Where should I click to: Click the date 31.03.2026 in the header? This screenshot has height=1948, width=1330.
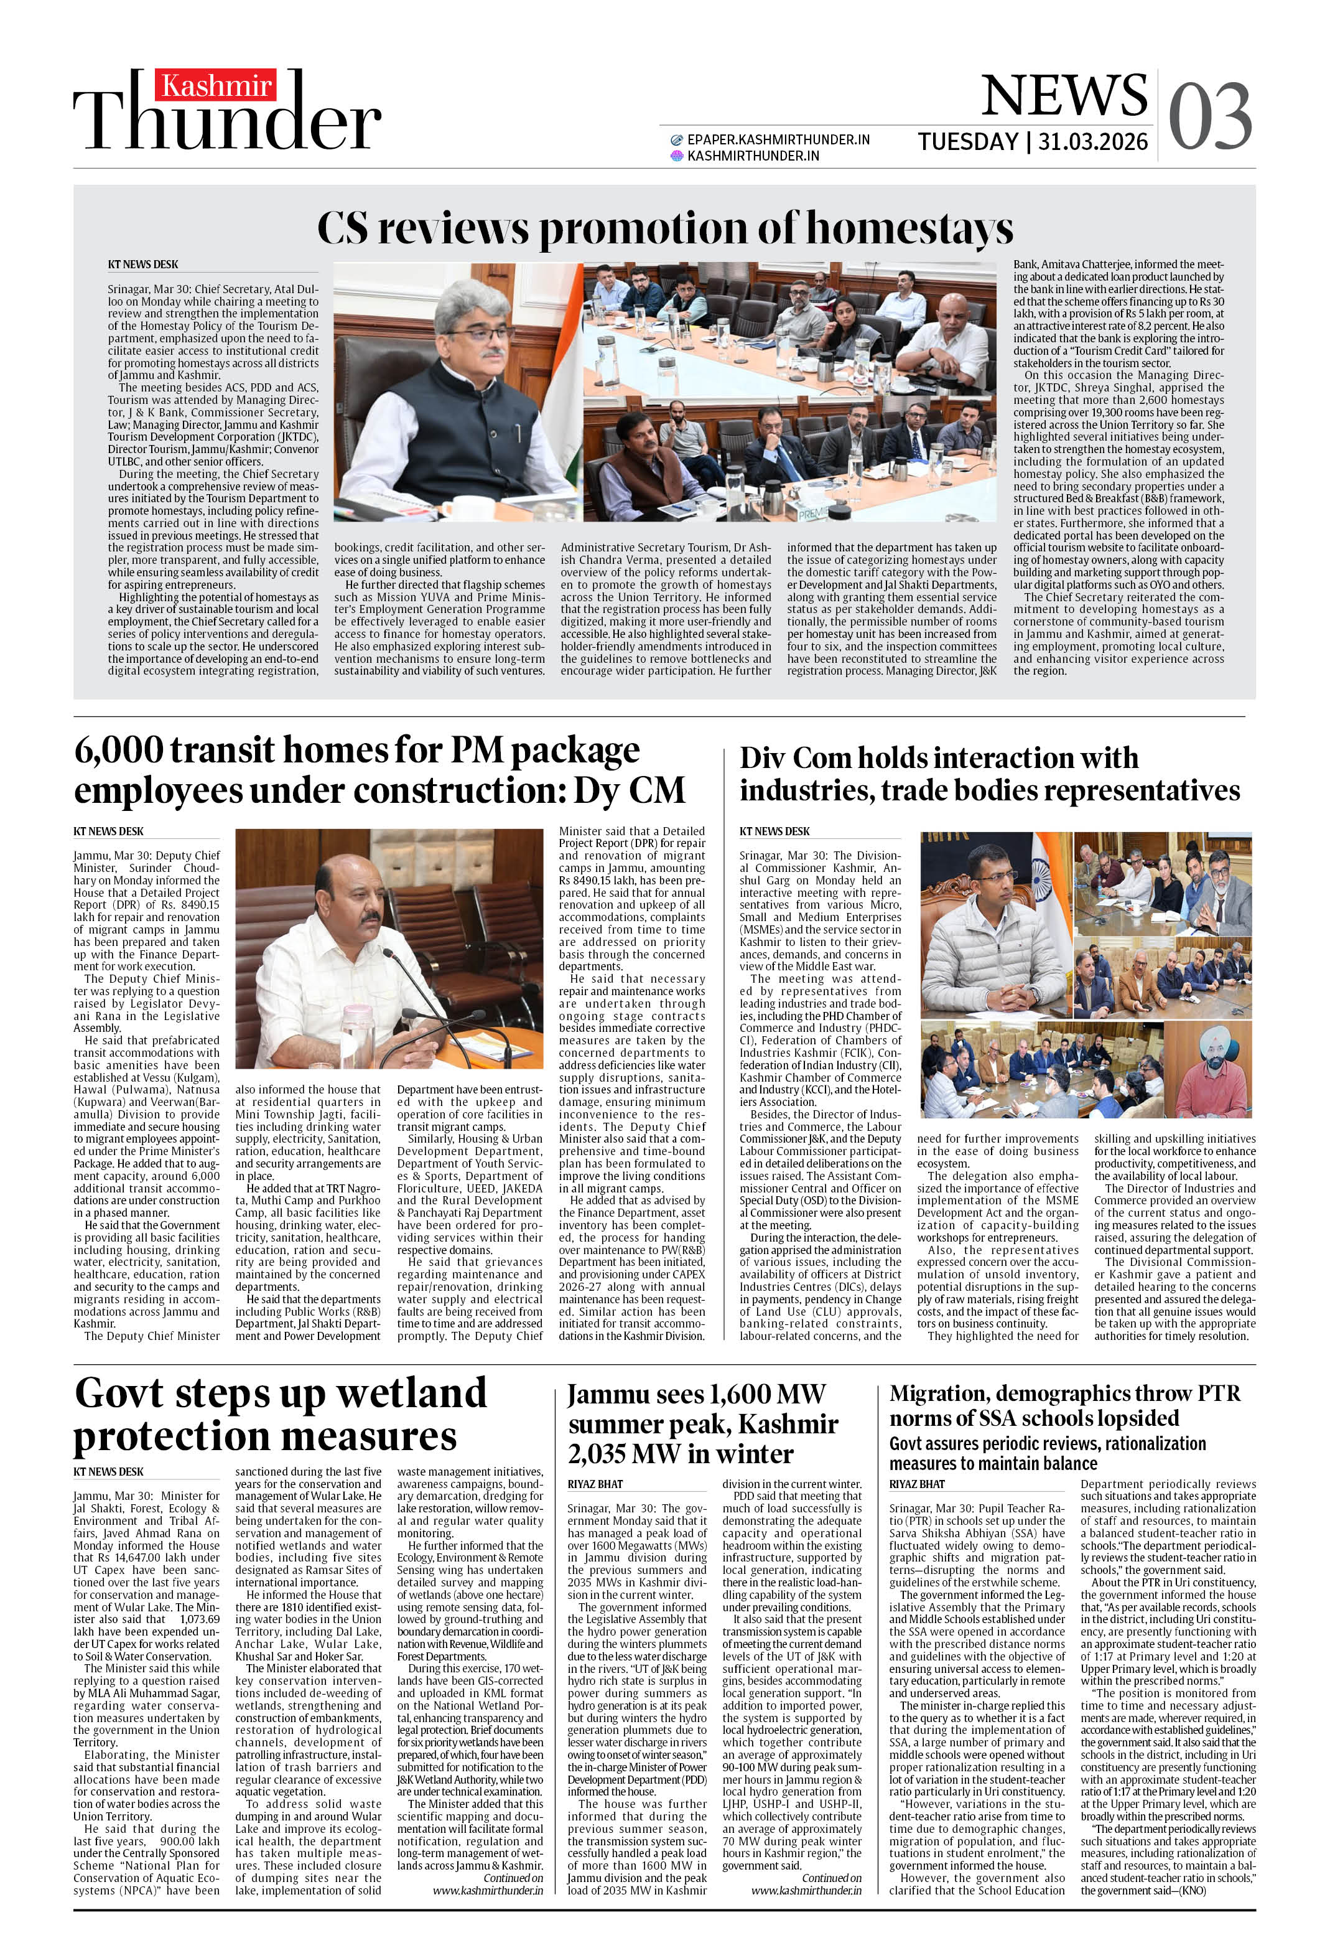pyautogui.click(x=1093, y=142)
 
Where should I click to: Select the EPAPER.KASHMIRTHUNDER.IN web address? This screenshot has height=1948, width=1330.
pyautogui.click(x=778, y=140)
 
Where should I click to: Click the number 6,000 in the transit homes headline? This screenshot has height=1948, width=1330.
pyautogui.click(x=118, y=750)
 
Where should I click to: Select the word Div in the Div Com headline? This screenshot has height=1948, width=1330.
pyautogui.click(x=762, y=759)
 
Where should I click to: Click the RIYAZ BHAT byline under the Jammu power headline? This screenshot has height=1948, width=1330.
pyautogui.click(x=595, y=1484)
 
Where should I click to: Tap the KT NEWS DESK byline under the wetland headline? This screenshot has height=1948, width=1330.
pyautogui.click(x=108, y=1471)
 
